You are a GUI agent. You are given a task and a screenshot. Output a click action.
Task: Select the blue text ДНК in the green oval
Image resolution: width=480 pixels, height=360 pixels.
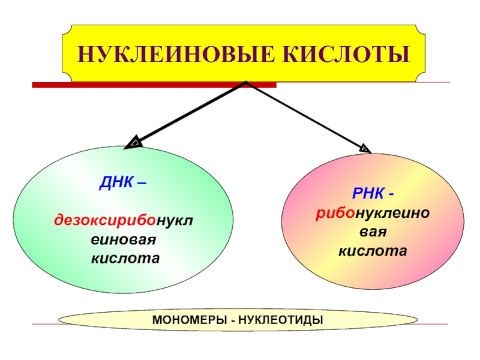point(112,182)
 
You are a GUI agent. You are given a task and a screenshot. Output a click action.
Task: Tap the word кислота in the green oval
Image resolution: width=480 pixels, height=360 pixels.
point(125,259)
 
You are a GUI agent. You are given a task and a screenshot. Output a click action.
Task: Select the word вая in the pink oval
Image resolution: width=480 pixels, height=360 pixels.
point(372,231)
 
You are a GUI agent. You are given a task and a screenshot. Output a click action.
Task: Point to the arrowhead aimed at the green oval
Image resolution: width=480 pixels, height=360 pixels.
point(134,143)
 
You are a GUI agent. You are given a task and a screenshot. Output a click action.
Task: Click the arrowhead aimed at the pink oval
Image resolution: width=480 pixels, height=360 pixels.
point(365,147)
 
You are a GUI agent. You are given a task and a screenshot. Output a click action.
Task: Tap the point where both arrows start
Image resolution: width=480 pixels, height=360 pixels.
point(246,82)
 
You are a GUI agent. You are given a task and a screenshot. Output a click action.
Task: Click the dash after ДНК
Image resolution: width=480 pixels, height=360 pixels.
point(140,182)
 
